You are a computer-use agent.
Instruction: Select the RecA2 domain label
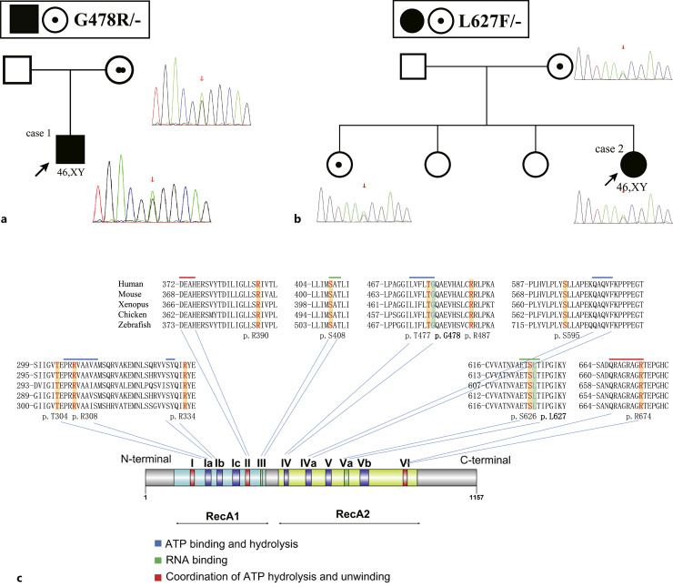(x=350, y=512)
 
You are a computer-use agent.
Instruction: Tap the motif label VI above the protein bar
(x=406, y=461)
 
